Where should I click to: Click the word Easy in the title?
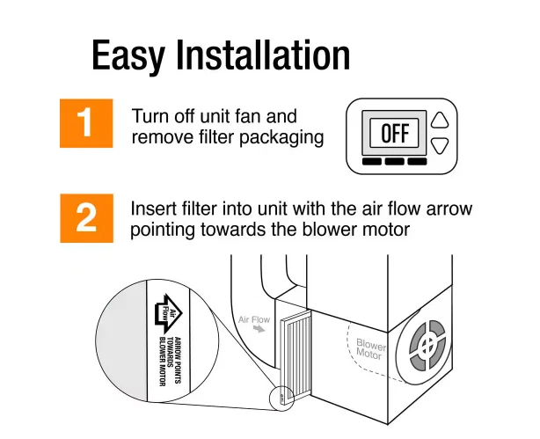coord(128,55)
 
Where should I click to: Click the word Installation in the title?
coord(264,55)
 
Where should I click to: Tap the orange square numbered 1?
coord(86,123)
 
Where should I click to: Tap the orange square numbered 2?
coord(86,218)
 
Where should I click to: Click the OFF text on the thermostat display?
coord(395,134)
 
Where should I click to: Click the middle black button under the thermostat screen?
coord(394,161)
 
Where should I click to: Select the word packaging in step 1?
coord(281,137)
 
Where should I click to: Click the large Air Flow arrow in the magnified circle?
coord(168,314)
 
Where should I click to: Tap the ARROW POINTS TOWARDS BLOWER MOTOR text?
coord(170,362)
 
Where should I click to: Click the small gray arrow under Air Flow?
coord(259,329)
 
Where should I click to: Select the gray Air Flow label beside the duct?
coord(254,319)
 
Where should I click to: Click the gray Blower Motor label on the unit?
coord(370,348)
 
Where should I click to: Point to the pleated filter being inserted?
coord(296,355)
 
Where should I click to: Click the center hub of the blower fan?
coord(427,345)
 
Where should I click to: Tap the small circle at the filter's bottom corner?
coord(281,399)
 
